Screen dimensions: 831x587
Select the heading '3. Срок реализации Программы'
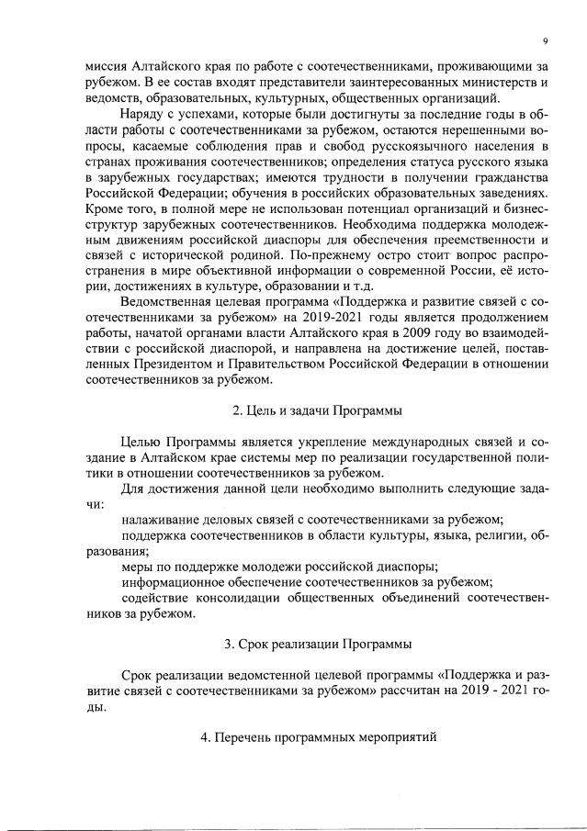[x=317, y=643]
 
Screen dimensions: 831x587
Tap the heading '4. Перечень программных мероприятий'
[x=317, y=738]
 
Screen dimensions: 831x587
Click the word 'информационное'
[x=175, y=581]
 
